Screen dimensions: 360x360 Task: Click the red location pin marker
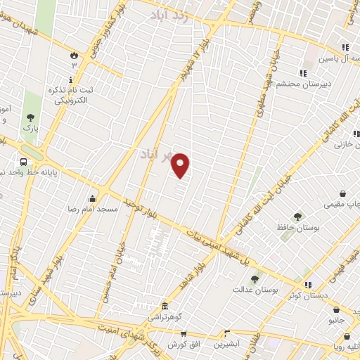pyautogui.click(x=181, y=166)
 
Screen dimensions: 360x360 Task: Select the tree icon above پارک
pyautogui.click(x=30, y=118)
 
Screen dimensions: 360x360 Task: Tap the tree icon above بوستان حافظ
pyautogui.click(x=297, y=217)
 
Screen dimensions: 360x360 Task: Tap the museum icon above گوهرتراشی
pyautogui.click(x=165, y=307)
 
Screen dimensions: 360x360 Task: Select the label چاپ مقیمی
pyautogui.click(x=340, y=205)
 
